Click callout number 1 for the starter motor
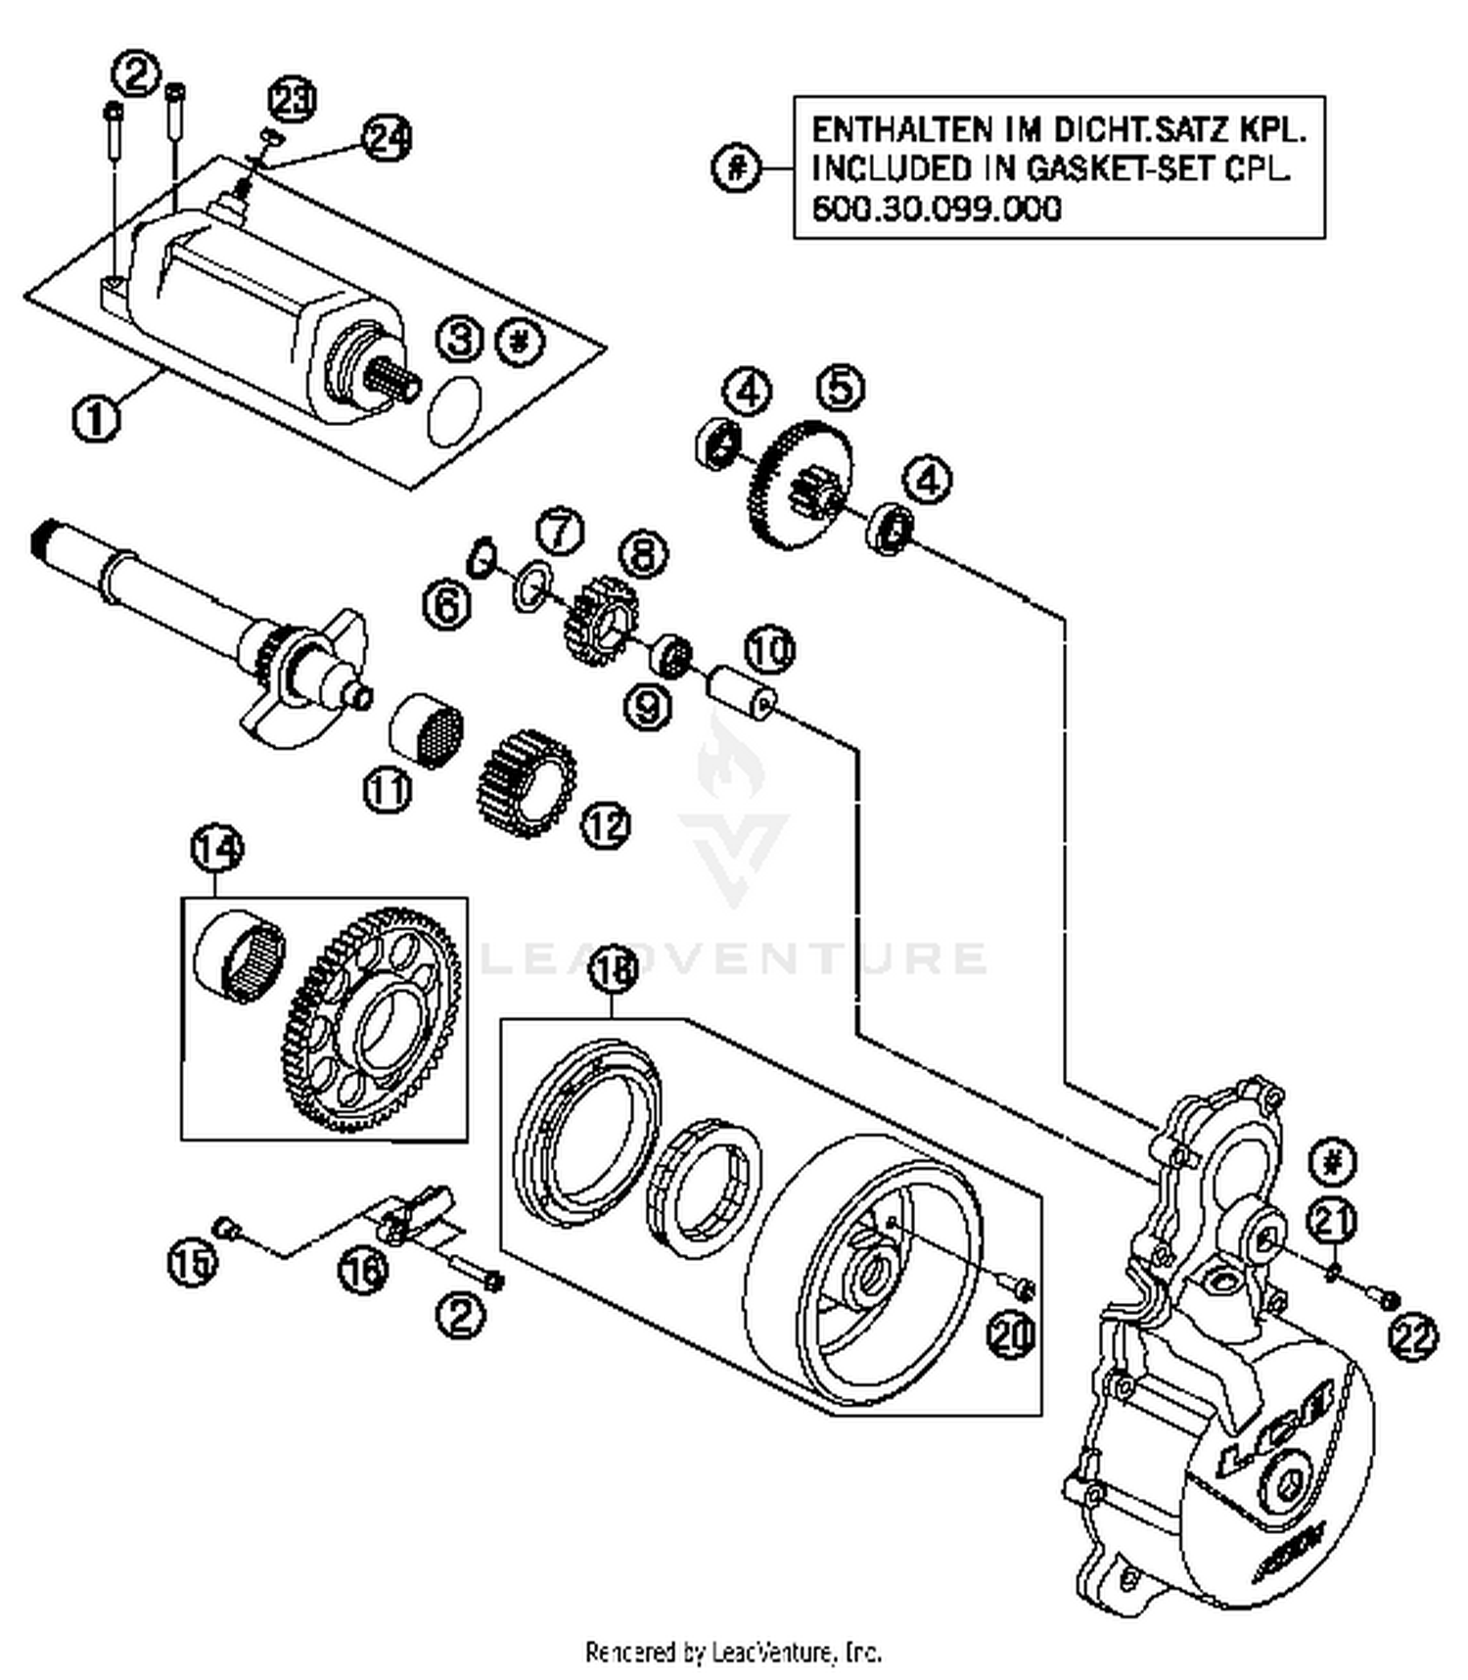95,419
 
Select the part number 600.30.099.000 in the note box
937,209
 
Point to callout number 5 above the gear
841,387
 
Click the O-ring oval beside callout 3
455,406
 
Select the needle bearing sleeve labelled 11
426,731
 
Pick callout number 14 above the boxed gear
216,849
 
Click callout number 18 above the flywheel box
613,969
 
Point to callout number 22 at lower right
1412,1338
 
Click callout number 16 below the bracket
363,1272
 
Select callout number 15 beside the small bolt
191,1263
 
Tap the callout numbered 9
647,706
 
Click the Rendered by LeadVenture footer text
733,1654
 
